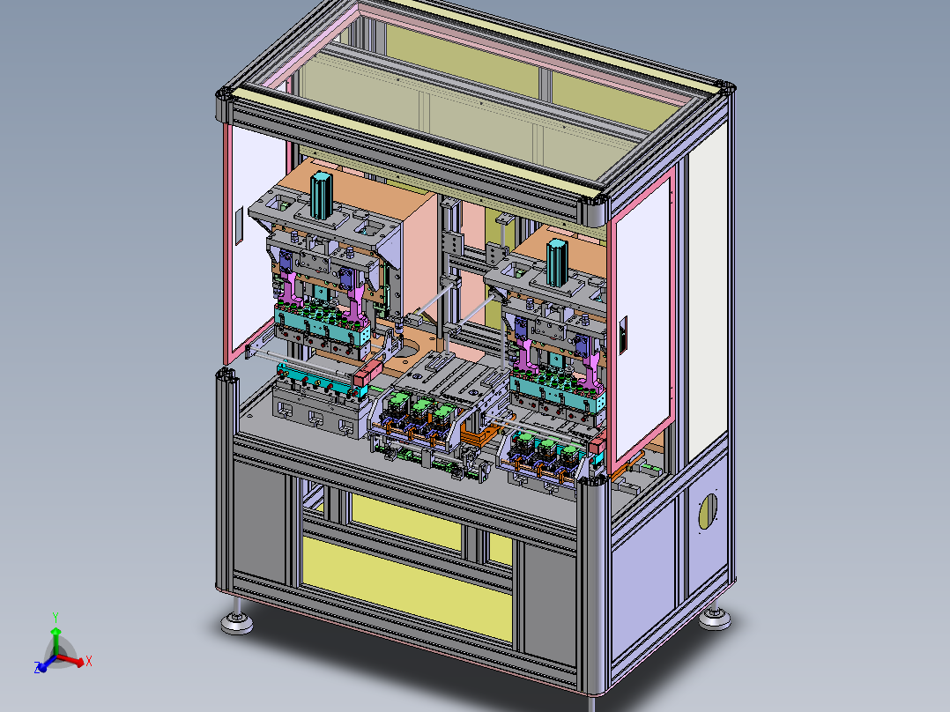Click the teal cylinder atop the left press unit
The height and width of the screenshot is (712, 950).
[321, 195]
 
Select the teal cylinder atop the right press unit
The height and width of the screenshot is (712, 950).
[557, 263]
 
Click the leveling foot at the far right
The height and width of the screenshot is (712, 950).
[715, 617]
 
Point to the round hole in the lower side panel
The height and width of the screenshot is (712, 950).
[708, 511]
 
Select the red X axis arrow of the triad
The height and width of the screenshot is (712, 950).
[71, 660]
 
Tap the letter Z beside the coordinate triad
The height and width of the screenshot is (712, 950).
[37, 668]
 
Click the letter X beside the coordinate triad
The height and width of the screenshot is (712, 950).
[88, 661]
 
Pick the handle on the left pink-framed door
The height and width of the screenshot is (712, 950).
[239, 226]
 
